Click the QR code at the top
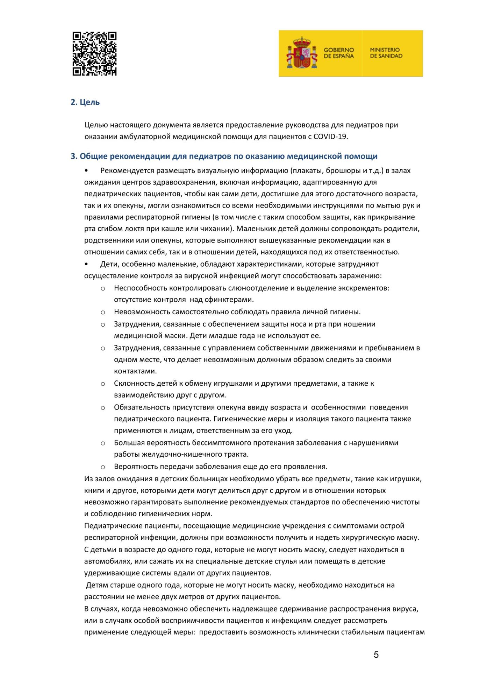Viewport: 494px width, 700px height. pos(94,54)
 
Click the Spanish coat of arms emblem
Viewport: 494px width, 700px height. pos(302,53)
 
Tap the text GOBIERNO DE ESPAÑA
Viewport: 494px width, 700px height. pos(338,53)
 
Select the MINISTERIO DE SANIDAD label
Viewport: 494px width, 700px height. pos(386,53)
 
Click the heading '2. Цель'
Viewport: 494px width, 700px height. pos(85,102)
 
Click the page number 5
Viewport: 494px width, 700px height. pos(376,655)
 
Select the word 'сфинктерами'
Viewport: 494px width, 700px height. pos(231,300)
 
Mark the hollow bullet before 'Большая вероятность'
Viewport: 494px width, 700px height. pos(103,443)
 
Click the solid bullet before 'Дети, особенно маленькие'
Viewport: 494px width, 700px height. pos(86,264)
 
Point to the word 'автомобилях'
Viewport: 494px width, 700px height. pos(108,561)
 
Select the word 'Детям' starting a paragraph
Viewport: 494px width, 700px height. pos(97,585)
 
